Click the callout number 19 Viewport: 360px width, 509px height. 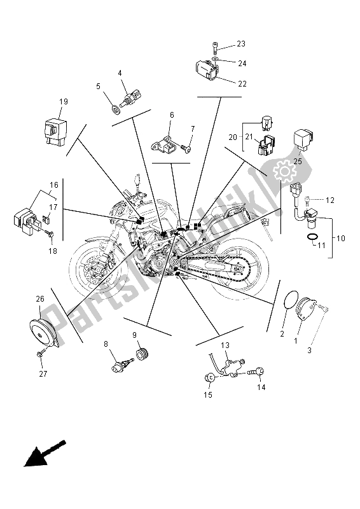coord(64,102)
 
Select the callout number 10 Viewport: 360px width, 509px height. coord(341,239)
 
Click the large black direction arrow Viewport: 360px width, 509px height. coord(45,454)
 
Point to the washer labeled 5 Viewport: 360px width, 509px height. coord(116,109)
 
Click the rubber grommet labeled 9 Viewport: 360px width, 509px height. coord(142,354)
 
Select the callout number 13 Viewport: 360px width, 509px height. coord(225,346)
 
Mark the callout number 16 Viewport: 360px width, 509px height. coord(54,185)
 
